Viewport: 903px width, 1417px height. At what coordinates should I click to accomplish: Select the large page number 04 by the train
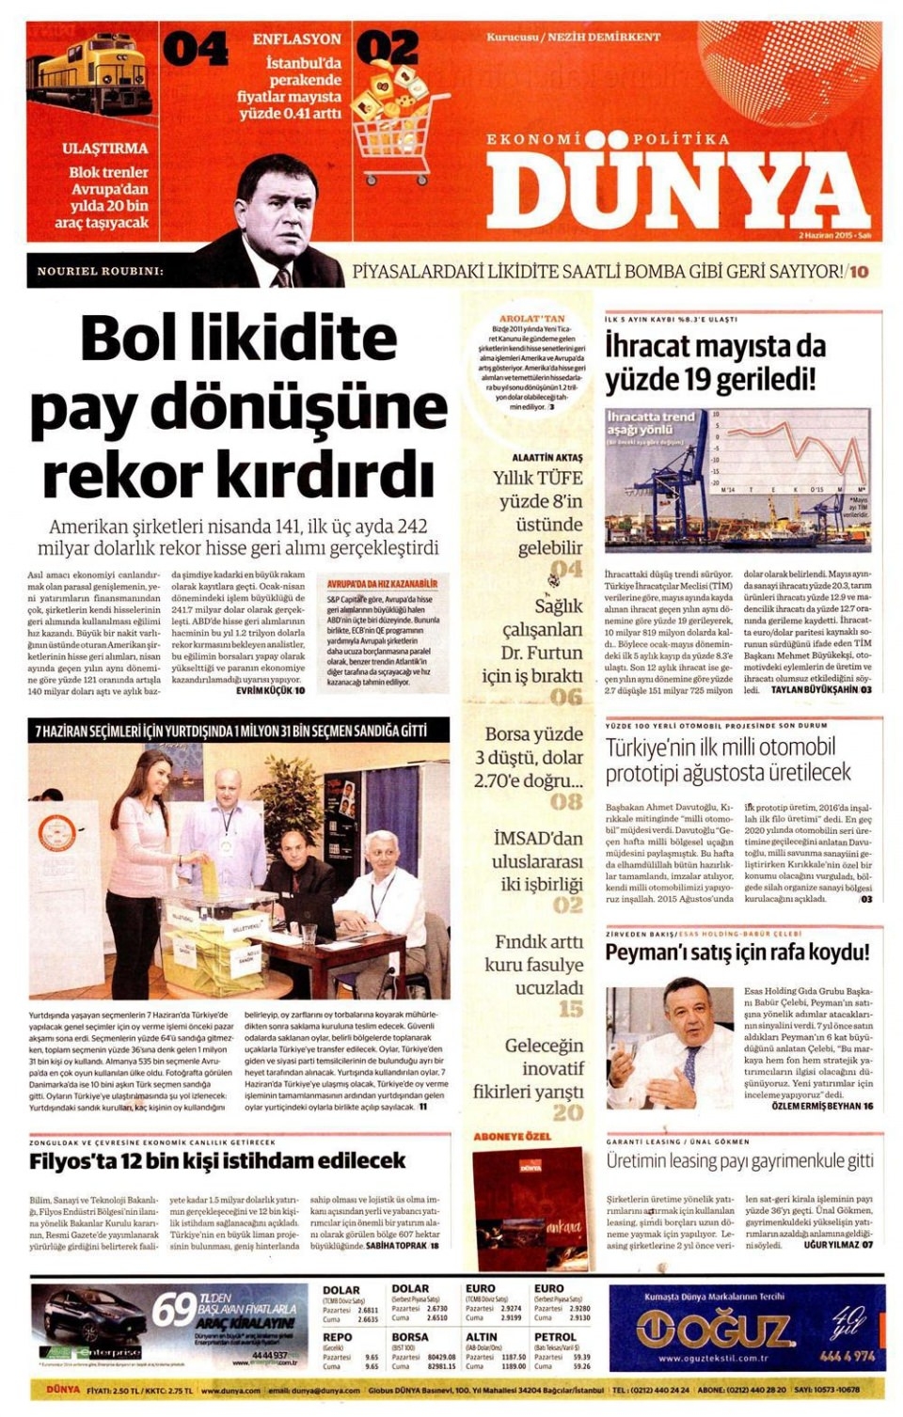196,50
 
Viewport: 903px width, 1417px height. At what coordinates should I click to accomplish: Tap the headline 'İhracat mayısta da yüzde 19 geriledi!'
715,363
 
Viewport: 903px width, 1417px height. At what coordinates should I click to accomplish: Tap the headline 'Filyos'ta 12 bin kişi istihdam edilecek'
217,1160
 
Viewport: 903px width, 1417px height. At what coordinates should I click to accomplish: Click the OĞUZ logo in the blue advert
715,1330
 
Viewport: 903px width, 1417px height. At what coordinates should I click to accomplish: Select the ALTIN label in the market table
482,1336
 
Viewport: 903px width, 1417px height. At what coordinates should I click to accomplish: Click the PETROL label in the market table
555,1336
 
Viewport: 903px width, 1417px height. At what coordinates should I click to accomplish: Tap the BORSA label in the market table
410,1336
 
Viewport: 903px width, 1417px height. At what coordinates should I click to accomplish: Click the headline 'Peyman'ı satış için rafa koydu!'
737,953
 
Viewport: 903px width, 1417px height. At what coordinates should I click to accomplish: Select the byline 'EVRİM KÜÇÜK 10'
270,690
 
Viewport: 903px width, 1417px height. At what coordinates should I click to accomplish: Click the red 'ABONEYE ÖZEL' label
513,1137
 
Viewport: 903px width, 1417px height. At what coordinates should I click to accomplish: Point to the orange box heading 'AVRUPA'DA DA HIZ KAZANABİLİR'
382,584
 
